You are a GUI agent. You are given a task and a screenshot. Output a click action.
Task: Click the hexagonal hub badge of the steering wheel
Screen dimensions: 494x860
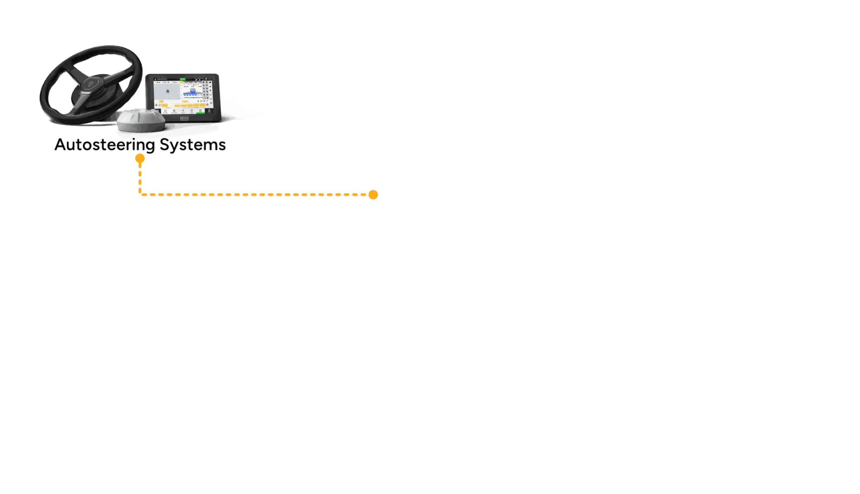(88, 83)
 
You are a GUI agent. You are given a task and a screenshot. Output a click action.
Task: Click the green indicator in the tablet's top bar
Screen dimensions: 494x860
(183, 80)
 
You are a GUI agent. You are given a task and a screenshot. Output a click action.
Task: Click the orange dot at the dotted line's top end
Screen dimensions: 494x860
(140, 158)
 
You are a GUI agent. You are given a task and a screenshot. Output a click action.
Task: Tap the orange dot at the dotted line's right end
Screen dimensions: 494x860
(373, 194)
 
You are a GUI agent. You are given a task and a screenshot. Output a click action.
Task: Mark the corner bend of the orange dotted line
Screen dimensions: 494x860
(141, 193)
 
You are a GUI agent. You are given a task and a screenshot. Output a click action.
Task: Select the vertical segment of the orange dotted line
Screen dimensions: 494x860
(140, 176)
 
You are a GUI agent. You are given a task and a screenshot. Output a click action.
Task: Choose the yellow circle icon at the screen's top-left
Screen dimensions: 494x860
(155, 80)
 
